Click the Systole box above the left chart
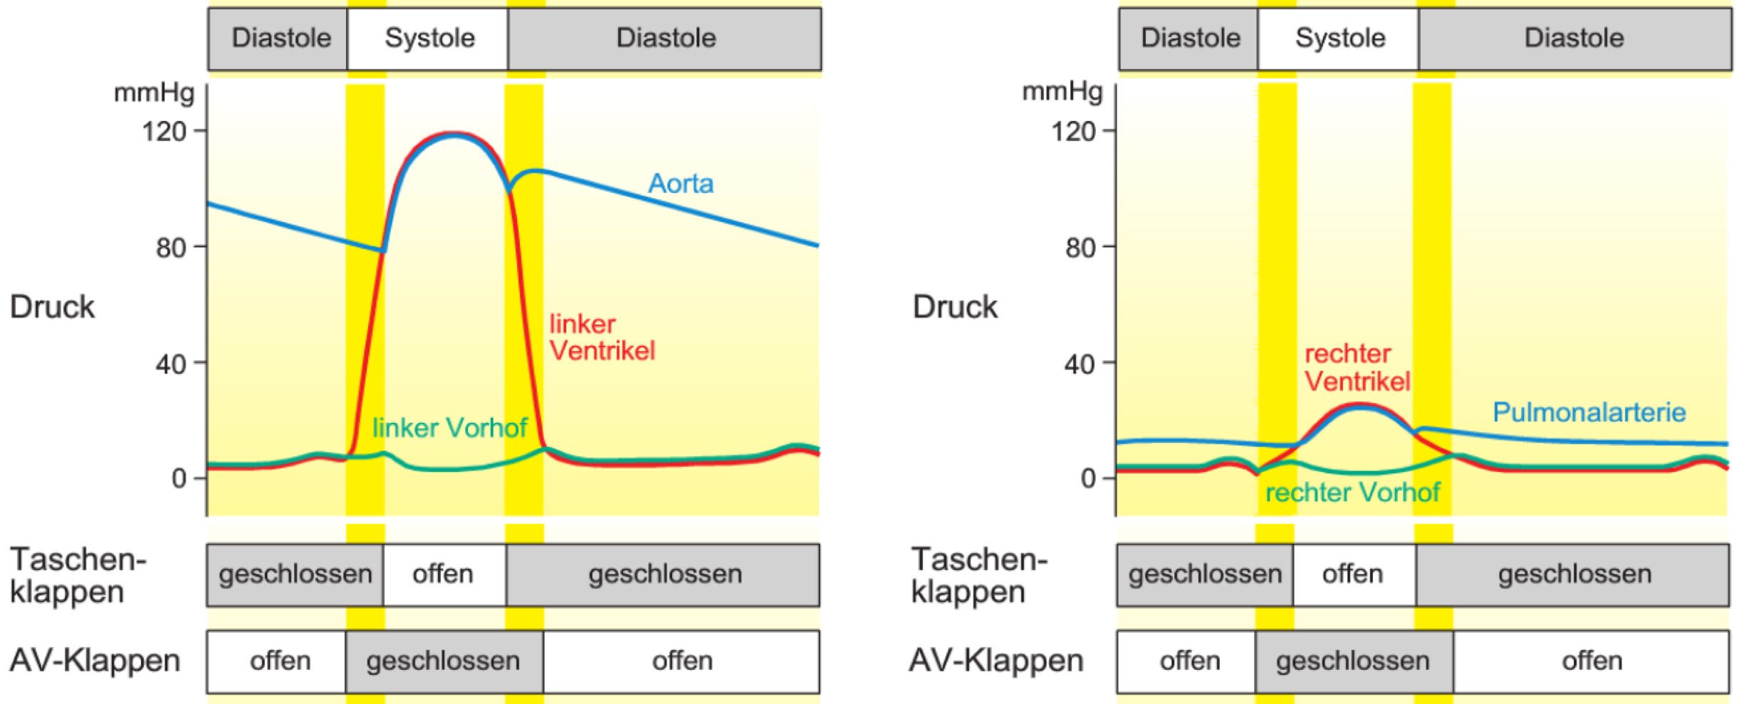[428, 38]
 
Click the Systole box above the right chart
[1338, 38]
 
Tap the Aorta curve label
[680, 184]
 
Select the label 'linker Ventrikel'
[602, 337]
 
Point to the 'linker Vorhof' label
[449, 428]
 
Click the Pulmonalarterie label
[1589, 412]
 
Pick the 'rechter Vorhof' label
[1352, 492]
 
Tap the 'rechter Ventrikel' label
[1357, 367]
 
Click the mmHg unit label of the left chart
[154, 93]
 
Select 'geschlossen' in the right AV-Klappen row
[1354, 661]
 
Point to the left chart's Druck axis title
[52, 307]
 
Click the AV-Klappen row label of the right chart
[996, 661]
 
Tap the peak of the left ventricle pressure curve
[453, 133]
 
